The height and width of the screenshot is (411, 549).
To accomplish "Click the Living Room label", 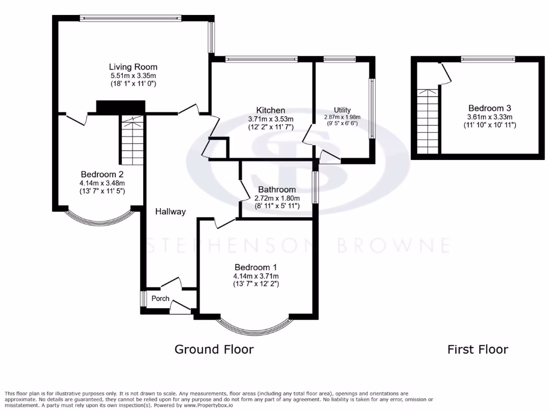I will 133,67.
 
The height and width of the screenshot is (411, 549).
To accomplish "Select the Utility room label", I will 342,110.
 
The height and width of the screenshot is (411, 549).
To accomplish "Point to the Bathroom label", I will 277,189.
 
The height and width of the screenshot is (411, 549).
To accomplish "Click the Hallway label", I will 170,211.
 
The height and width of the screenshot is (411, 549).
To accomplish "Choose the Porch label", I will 160,299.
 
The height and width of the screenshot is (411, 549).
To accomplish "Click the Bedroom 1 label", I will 256,267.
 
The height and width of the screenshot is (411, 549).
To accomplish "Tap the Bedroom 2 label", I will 102,174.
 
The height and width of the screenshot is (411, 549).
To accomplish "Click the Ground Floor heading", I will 214,349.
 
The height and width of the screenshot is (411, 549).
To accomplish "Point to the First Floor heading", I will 478,349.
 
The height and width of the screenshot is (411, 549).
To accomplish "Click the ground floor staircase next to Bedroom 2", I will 132,140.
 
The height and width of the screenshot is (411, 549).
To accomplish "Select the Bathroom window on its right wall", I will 316,187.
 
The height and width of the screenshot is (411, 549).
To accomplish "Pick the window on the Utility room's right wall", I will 371,109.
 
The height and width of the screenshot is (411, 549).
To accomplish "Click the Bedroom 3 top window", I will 488,59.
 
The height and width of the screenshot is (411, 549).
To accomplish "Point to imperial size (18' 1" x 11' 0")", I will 133,84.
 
